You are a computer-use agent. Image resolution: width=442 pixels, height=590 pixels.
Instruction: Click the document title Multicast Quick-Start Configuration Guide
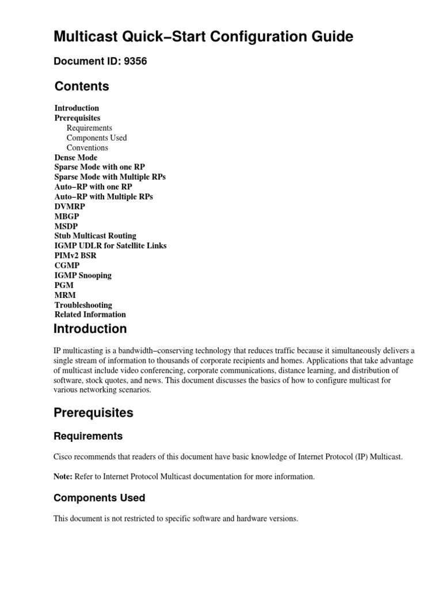click(x=203, y=37)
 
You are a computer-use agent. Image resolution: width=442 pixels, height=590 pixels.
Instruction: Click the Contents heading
click(x=82, y=86)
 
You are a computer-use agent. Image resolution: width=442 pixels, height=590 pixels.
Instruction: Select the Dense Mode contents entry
click(x=76, y=157)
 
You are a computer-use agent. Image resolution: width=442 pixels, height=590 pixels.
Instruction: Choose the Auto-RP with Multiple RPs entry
click(x=104, y=196)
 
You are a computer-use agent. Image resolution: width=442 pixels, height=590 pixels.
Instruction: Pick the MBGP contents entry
click(x=67, y=216)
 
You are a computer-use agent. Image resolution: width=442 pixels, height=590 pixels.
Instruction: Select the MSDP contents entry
click(x=66, y=226)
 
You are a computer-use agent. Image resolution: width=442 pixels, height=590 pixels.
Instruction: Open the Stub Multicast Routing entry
click(x=96, y=236)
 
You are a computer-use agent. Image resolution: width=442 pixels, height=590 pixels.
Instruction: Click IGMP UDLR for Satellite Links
click(x=110, y=245)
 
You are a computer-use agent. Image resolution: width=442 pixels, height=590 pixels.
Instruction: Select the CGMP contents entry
click(x=67, y=265)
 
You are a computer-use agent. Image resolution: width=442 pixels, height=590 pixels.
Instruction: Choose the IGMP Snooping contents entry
click(x=83, y=275)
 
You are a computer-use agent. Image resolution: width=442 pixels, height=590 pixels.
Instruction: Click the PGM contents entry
click(x=64, y=285)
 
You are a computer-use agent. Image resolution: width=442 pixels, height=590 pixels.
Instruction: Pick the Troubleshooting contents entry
click(x=83, y=305)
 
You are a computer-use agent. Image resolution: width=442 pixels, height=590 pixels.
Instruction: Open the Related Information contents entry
click(x=90, y=315)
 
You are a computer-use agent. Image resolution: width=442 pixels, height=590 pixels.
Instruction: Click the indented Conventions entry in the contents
click(x=87, y=147)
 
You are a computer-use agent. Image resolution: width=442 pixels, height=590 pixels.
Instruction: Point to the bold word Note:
click(x=63, y=476)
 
